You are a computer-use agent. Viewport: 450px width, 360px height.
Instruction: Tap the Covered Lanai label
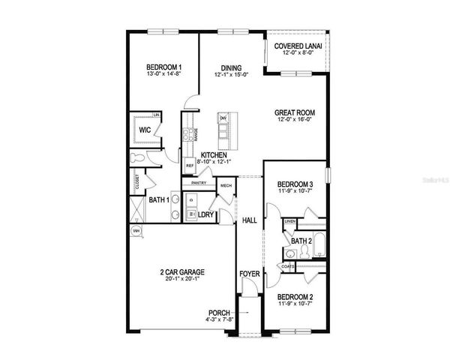[298, 46]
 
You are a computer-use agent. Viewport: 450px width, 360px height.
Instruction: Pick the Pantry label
[199, 182]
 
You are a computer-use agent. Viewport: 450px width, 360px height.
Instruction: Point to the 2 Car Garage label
[182, 271]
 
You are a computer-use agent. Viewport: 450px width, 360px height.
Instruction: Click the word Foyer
[249, 275]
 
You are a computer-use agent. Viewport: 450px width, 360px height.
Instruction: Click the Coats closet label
[288, 265]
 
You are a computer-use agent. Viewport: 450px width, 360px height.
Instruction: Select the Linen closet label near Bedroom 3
[289, 221]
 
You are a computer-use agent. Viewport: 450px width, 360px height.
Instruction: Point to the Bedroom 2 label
[295, 297]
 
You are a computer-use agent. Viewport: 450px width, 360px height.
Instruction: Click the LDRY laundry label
[206, 214]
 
